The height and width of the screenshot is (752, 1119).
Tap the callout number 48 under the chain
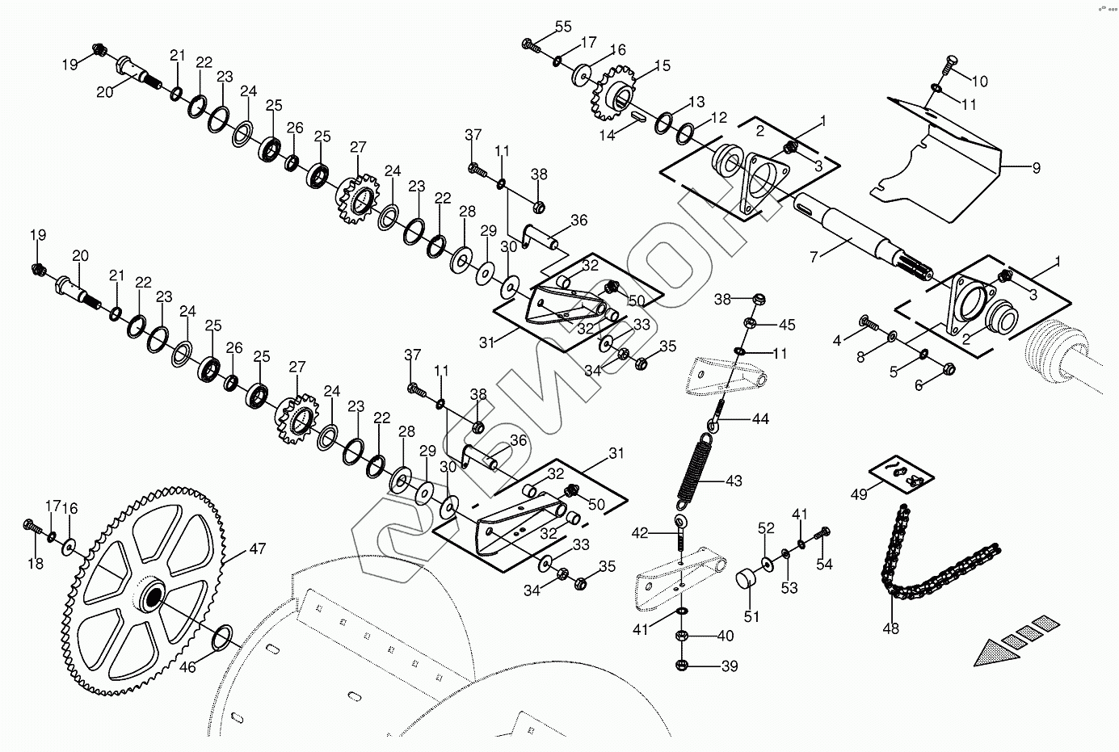point(891,628)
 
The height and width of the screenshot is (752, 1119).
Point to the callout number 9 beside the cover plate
point(1036,168)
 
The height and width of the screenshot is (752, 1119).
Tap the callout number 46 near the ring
point(187,668)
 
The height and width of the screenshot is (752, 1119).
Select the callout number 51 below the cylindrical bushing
point(752,616)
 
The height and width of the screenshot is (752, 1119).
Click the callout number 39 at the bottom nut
point(730,666)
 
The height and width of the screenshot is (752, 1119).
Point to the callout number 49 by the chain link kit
point(859,494)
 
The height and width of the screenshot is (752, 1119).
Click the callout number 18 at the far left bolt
point(35,564)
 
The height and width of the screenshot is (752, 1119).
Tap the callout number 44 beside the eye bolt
point(760,418)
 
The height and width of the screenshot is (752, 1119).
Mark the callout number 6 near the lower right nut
point(918,385)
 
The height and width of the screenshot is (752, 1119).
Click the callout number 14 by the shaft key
point(608,136)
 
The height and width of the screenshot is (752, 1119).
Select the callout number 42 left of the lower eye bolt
point(640,532)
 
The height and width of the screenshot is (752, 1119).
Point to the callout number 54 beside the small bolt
point(823,565)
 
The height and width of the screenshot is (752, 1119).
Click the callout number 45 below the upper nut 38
point(786,325)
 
